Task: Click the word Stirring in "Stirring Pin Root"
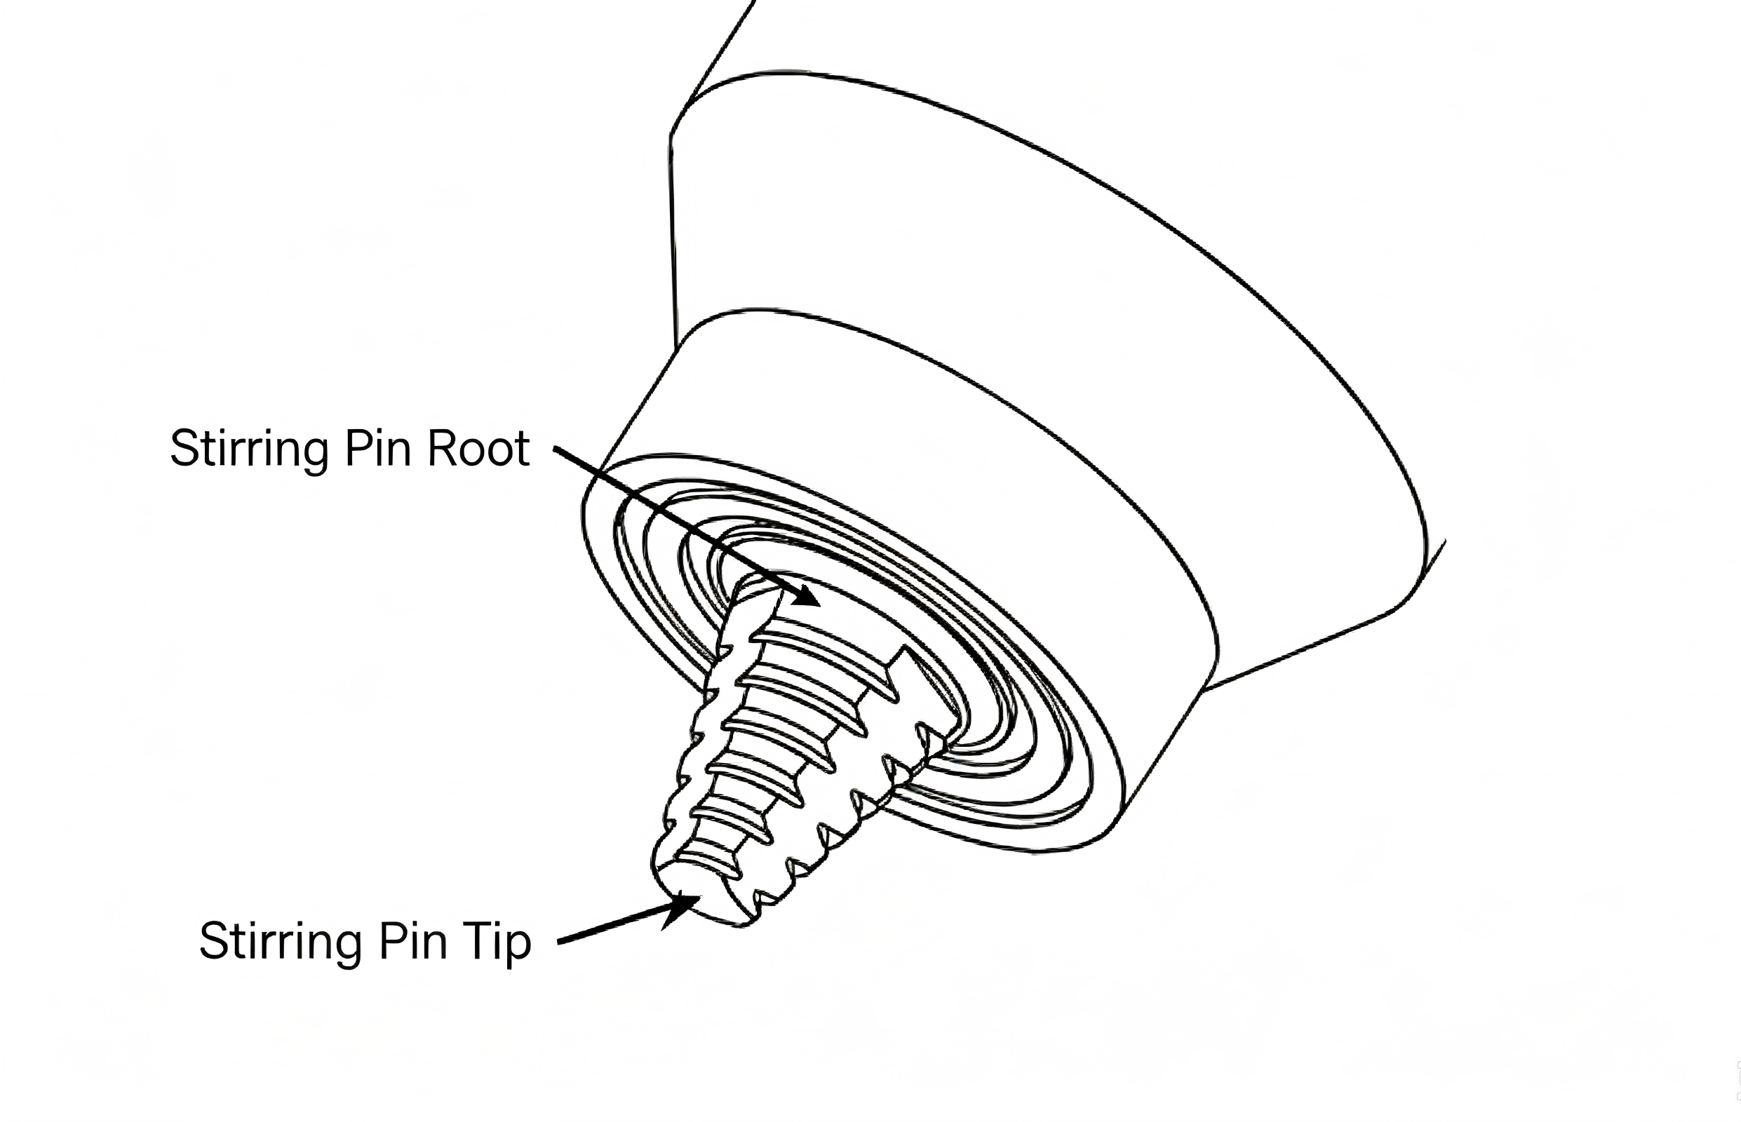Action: pyautogui.click(x=249, y=451)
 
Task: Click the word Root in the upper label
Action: pyautogui.click(x=478, y=448)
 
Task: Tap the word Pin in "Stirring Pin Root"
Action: pyautogui.click(x=377, y=448)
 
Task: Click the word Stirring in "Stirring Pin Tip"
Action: pyautogui.click(x=280, y=943)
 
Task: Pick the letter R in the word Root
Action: pyautogui.click(x=442, y=448)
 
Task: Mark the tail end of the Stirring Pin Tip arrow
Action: pyautogui.click(x=559, y=942)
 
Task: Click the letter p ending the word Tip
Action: pyautogui.click(x=518, y=949)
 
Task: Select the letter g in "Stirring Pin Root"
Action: pyautogui.click(x=315, y=457)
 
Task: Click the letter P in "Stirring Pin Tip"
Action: pyautogui.click(x=392, y=941)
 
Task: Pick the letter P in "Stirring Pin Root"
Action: pyautogui.click(x=358, y=448)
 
